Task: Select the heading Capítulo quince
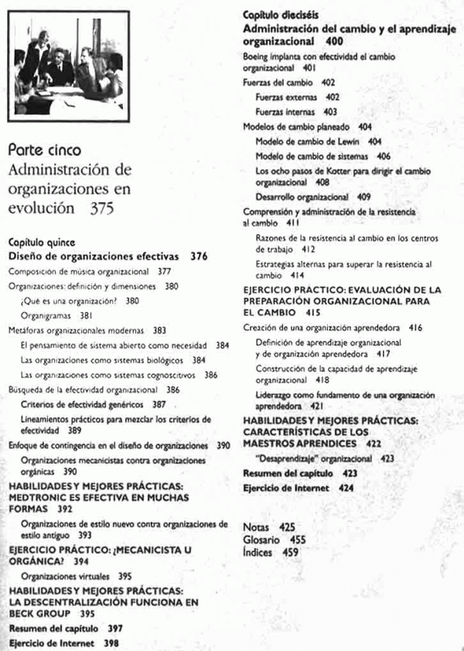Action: [x=39, y=241]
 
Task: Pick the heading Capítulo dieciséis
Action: [x=280, y=15]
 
